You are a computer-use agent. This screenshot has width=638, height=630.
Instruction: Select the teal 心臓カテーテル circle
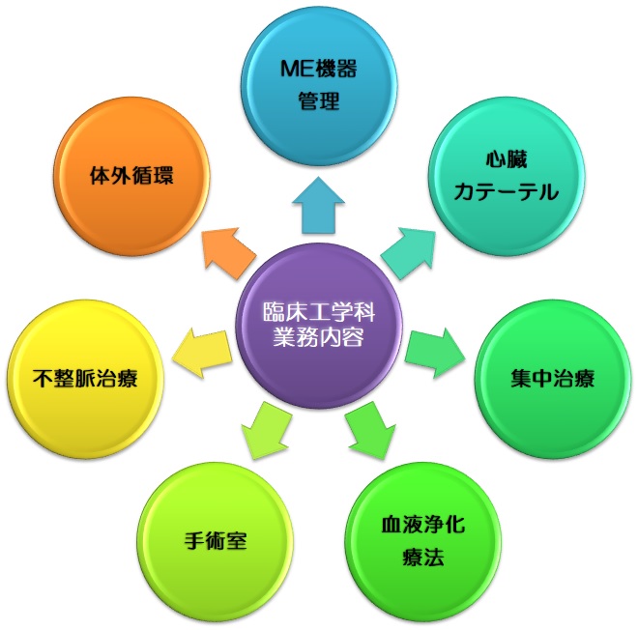coord(506,177)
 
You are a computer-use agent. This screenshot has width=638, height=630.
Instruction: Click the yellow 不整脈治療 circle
coord(84,377)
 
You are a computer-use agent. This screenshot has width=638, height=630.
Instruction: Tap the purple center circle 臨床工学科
coord(319,326)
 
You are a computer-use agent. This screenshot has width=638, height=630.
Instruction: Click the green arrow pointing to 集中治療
coord(438,350)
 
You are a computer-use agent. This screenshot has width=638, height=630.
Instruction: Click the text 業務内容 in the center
coord(319,341)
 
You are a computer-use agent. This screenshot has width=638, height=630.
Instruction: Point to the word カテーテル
coord(506,191)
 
